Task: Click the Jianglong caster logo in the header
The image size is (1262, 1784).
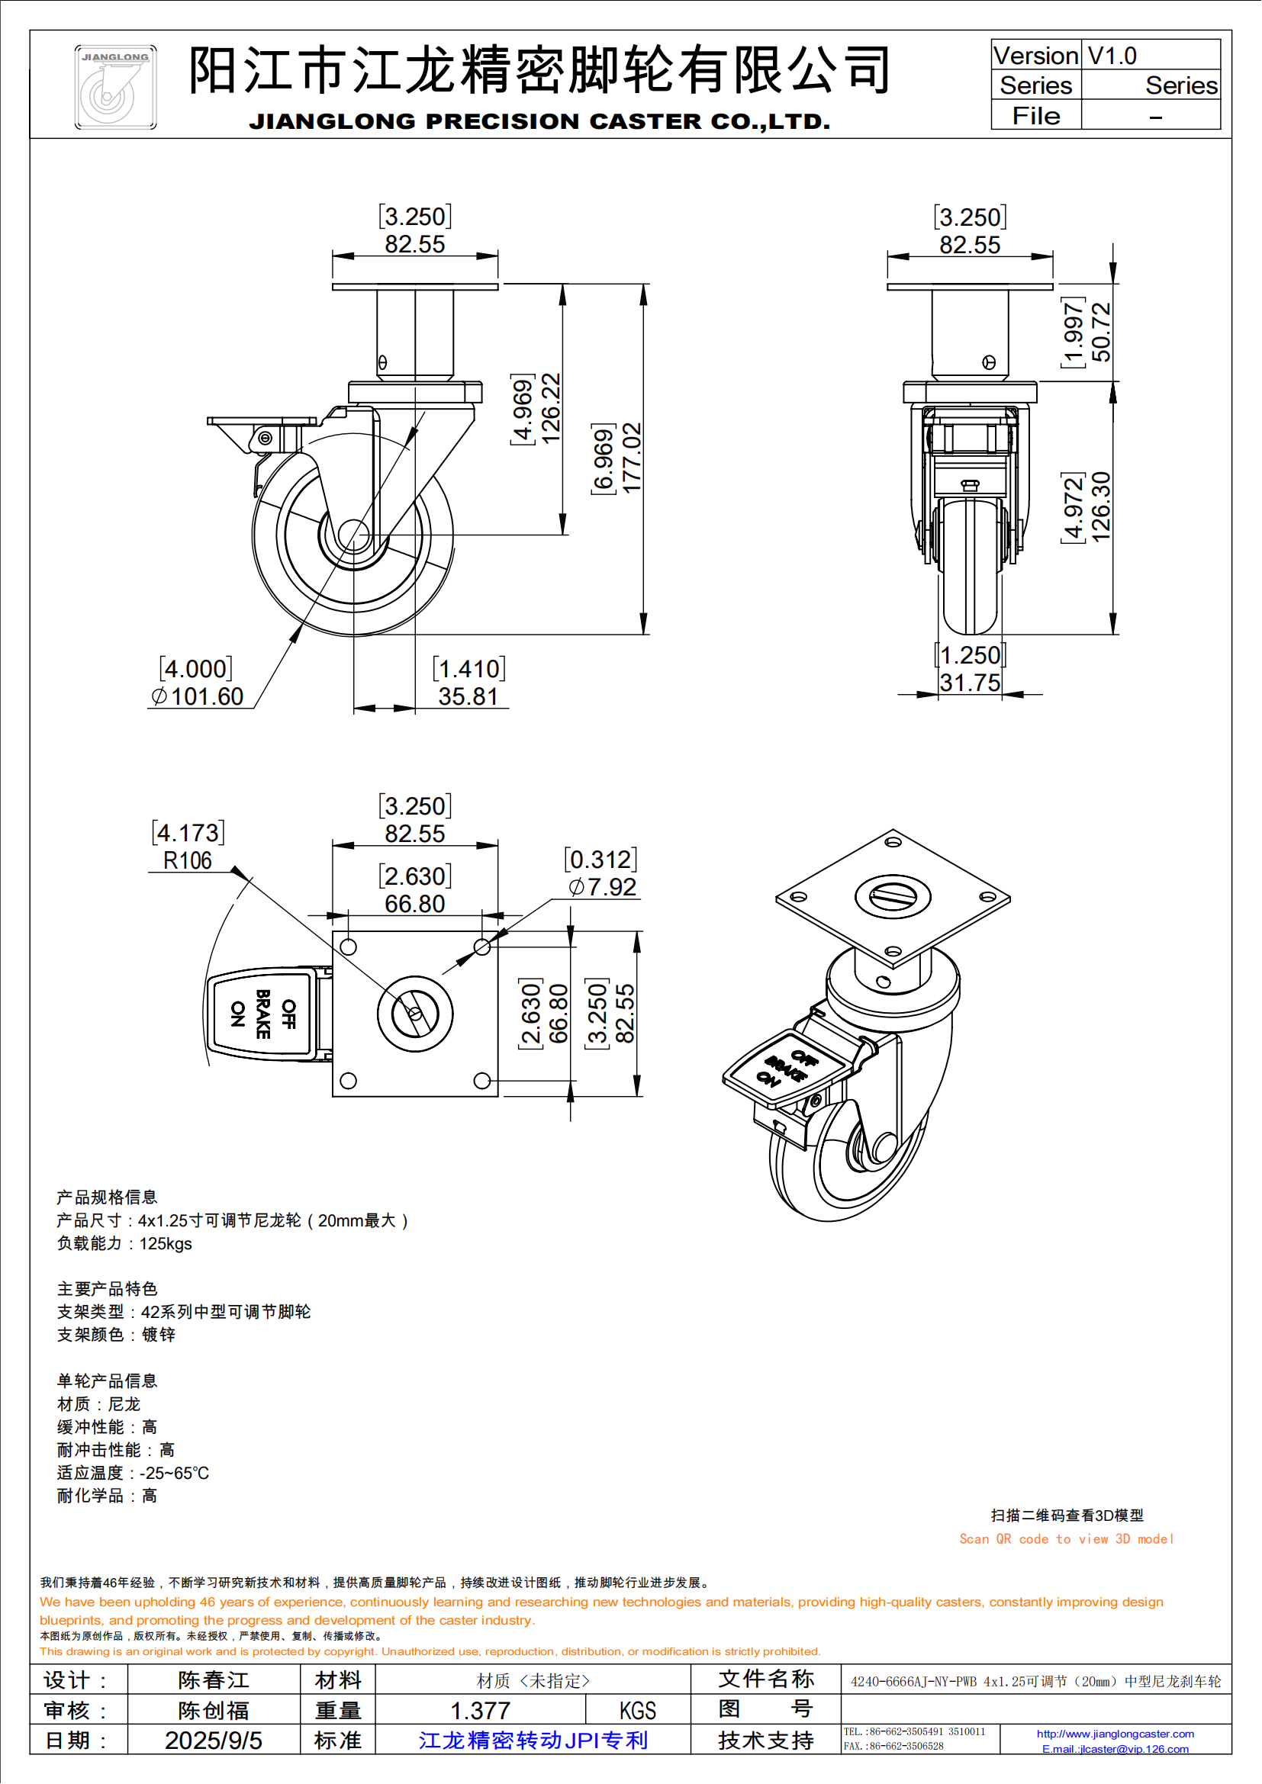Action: point(115,86)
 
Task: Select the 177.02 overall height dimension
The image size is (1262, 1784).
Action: point(633,458)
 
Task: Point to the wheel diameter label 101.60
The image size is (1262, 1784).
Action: point(207,696)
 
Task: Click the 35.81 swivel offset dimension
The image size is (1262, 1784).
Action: point(467,696)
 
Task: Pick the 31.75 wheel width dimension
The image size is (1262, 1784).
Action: point(970,683)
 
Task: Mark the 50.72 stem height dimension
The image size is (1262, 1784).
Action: point(1101,332)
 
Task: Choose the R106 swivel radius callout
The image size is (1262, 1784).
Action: point(187,861)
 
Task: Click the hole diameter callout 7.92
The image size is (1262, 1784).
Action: point(612,887)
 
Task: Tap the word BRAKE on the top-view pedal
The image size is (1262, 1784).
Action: point(263,1014)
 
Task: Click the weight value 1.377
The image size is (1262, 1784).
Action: point(480,1710)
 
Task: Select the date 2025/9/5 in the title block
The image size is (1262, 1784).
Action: point(213,1741)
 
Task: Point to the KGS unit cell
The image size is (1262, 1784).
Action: point(637,1710)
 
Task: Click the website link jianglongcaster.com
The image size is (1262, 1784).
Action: point(1116,1734)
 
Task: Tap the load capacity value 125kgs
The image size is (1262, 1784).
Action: point(166,1243)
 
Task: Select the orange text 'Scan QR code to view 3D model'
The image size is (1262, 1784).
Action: point(1066,1539)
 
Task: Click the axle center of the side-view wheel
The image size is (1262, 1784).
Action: point(353,535)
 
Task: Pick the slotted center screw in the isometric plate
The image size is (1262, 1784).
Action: point(893,896)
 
